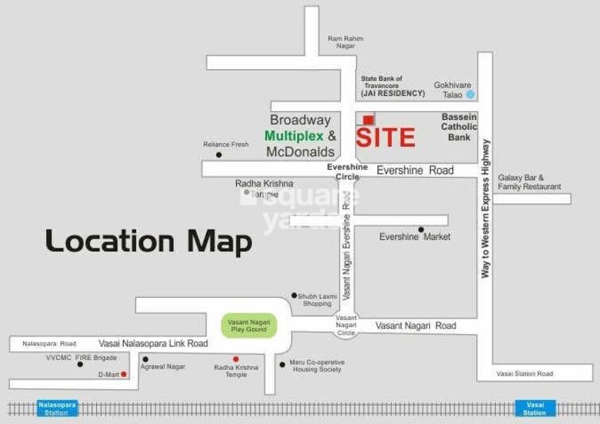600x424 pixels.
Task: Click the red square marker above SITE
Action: point(368,120)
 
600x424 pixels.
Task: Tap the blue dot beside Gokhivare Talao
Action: point(470,94)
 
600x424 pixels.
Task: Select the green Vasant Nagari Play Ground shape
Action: point(250,326)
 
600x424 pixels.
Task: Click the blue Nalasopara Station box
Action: point(56,408)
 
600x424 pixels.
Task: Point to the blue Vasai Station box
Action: point(535,408)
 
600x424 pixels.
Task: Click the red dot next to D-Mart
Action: point(124,374)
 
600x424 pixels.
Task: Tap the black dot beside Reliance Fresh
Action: point(219,154)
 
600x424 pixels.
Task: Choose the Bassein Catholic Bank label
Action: point(459,127)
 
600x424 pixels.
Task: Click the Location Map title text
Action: point(149,241)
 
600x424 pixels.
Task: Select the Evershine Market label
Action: point(414,237)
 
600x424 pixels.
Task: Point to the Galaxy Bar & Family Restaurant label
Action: point(529,182)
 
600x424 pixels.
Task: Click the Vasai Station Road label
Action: point(525,373)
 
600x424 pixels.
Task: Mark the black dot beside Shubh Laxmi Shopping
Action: point(294,295)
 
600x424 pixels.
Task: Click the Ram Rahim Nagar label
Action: point(346,42)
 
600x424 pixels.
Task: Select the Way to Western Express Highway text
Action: point(485,208)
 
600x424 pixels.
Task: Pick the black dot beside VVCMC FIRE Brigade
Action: point(79,364)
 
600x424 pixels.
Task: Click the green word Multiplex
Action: point(295,136)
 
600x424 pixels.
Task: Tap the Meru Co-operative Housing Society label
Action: point(316,366)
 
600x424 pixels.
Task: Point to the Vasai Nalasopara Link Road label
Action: point(153,343)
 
